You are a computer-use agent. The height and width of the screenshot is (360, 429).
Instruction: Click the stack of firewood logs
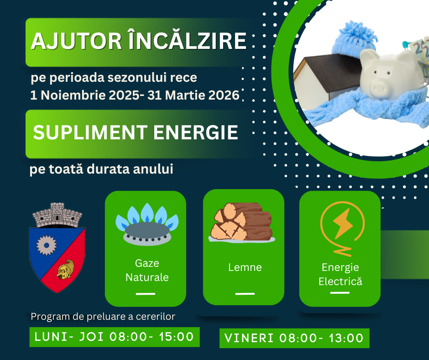(242, 222)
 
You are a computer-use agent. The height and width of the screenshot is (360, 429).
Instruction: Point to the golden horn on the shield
(66, 270)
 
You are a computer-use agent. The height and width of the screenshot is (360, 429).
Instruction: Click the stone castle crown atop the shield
(57, 215)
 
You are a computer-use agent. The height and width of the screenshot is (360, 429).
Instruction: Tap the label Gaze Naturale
(147, 270)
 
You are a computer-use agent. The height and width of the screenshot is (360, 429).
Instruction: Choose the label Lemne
(245, 267)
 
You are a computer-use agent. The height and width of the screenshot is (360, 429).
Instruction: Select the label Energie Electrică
(340, 274)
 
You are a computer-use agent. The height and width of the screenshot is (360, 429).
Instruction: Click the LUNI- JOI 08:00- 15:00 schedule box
(115, 337)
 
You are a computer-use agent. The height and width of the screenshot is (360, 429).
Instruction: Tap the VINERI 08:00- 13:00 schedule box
(294, 338)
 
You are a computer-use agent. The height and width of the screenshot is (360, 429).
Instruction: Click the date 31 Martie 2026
(194, 95)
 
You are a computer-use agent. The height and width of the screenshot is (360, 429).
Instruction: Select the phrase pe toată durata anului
(101, 169)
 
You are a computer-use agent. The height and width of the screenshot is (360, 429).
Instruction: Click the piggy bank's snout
(379, 88)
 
